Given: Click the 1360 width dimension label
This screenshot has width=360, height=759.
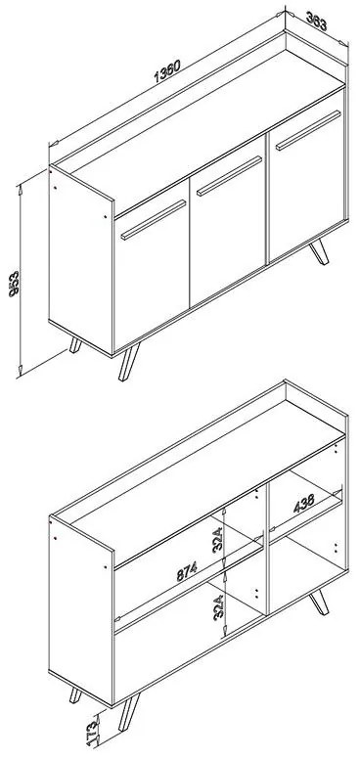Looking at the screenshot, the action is pyautogui.click(x=167, y=71).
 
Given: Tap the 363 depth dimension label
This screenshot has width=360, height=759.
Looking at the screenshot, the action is pyautogui.click(x=317, y=22).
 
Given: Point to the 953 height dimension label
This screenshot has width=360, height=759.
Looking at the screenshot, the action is pyautogui.click(x=14, y=284).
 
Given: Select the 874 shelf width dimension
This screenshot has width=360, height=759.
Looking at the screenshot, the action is pyautogui.click(x=187, y=572).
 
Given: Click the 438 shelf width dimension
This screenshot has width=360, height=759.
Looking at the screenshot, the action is pyautogui.click(x=303, y=503).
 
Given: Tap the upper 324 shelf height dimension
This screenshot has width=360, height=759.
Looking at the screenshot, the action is pyautogui.click(x=217, y=540).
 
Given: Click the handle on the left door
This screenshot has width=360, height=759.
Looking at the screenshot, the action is pyautogui.click(x=154, y=220).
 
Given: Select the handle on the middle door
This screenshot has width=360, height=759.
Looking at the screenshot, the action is pyautogui.click(x=229, y=176).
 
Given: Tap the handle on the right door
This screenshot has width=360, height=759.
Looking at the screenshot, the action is pyautogui.click(x=308, y=131).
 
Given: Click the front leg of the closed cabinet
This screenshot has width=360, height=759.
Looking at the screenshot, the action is pyautogui.click(x=129, y=362).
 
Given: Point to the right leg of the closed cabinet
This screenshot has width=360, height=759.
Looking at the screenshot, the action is pyautogui.click(x=319, y=251).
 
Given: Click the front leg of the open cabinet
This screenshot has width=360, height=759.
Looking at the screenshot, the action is pyautogui.click(x=129, y=712).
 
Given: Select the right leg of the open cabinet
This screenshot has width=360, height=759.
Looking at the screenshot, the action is pyautogui.click(x=319, y=603).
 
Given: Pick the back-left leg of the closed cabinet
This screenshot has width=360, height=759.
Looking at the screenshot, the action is pyautogui.click(x=75, y=345).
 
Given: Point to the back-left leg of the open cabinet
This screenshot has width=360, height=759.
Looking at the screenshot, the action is pyautogui.click(x=75, y=695).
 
